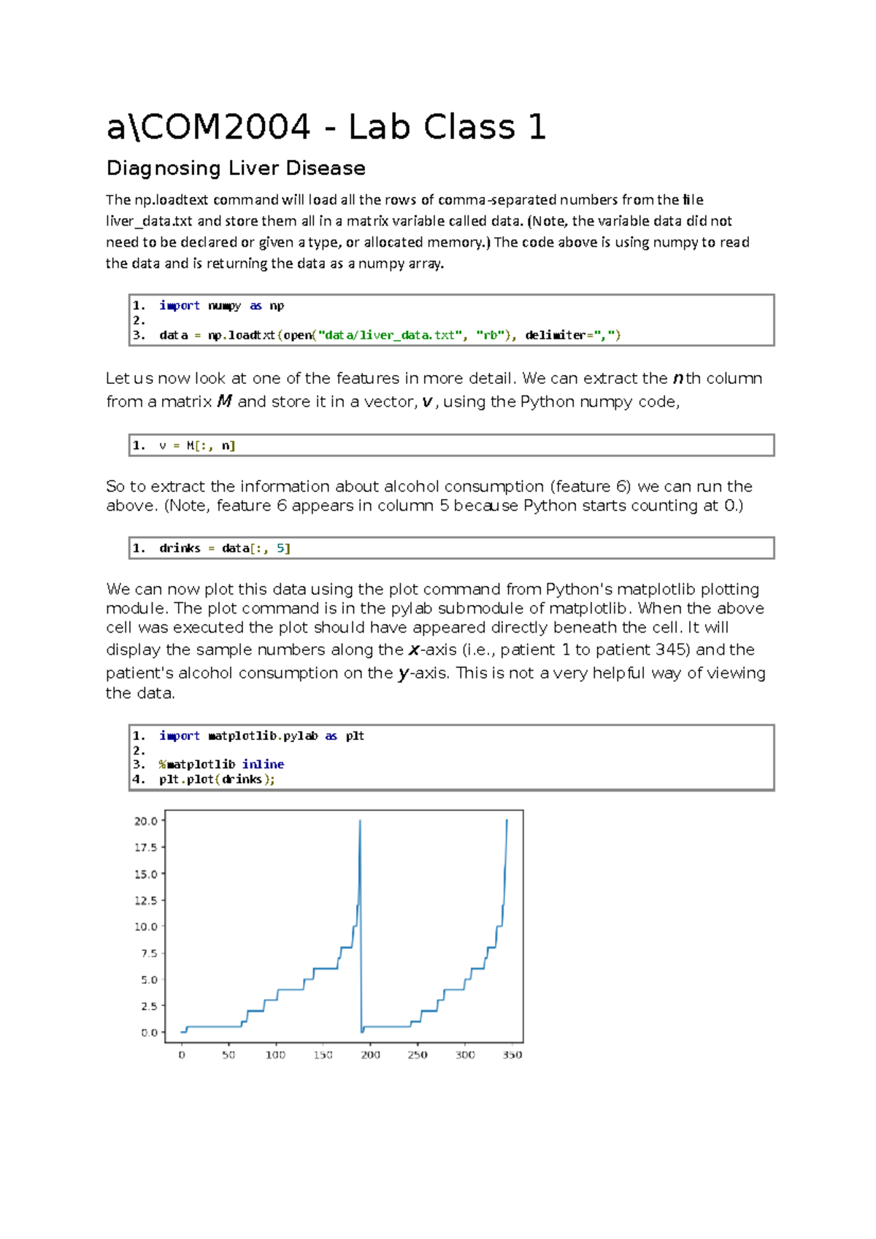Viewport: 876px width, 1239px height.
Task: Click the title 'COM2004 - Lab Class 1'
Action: pos(326,128)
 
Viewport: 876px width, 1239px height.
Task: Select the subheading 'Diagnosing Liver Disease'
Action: pos(236,169)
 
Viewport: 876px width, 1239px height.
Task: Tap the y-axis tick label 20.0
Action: pos(146,821)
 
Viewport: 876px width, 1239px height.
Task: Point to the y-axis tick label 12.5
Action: pos(146,900)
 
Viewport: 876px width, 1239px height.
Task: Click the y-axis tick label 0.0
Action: pos(149,1032)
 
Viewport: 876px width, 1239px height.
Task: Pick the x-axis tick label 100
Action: pos(275,1055)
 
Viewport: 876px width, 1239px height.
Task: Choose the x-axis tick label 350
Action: pos(512,1055)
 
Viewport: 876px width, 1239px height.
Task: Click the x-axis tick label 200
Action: pos(370,1055)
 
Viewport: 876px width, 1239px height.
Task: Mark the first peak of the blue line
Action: pos(360,822)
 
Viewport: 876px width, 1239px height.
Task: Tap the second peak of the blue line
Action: pos(507,822)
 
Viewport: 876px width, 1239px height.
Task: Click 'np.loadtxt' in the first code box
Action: pos(242,336)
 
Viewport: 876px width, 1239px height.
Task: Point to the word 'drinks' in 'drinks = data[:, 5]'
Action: pos(180,549)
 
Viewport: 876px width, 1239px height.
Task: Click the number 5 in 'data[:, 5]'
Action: pos(280,549)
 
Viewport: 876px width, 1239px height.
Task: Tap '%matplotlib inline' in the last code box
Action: pos(221,765)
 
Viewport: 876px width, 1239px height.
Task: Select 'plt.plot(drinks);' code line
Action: pos(217,779)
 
